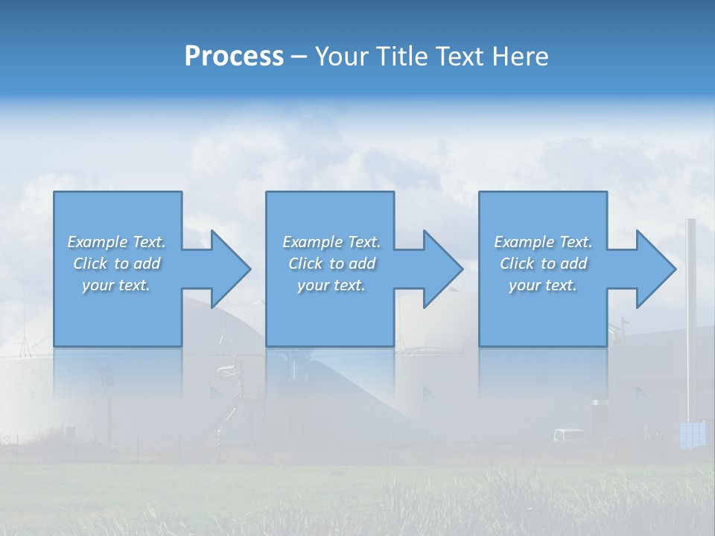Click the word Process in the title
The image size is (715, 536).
234,57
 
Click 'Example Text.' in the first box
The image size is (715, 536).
116,242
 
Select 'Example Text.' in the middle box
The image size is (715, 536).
331,242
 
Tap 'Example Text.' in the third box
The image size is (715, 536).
543,242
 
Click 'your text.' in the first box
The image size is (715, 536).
116,285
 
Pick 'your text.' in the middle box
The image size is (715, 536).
331,285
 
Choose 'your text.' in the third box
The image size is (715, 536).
543,285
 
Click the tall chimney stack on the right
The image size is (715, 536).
690,313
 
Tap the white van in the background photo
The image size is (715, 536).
570,435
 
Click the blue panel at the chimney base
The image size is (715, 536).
692,434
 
